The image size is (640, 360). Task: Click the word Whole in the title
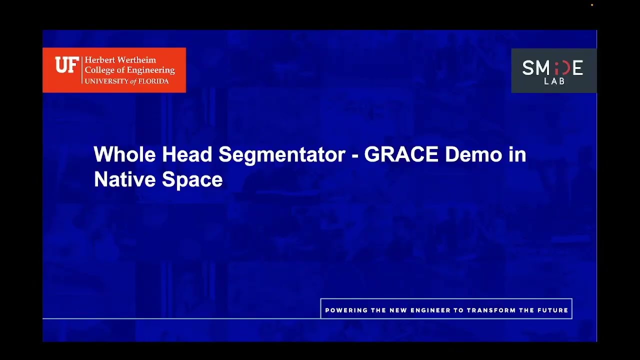pos(124,154)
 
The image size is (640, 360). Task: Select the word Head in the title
pos(187,154)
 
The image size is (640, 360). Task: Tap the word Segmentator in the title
pos(282,154)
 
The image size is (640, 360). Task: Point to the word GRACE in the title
pos(401,154)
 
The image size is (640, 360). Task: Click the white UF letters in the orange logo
pos(66,65)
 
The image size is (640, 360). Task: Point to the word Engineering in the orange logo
pos(150,70)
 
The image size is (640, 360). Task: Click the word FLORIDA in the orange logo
pos(153,81)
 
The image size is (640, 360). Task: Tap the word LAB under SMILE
pos(554,81)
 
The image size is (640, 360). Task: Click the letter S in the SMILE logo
pos(527,68)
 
